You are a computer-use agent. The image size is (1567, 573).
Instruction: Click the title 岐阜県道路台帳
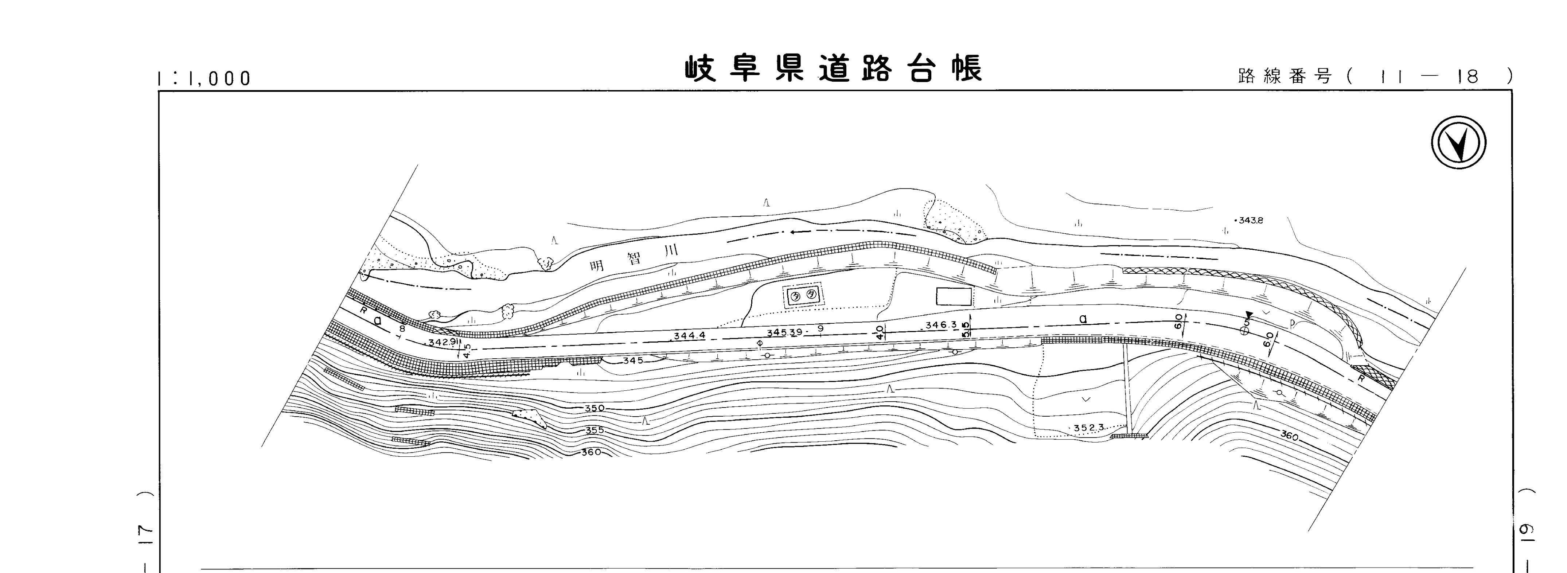click(833, 69)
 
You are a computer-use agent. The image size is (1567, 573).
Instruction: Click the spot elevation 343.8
click(1250, 220)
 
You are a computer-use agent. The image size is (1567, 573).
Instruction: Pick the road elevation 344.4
click(689, 335)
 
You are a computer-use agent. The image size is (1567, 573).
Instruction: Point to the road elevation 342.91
click(442, 343)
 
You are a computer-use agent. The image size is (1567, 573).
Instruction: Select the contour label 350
click(594, 408)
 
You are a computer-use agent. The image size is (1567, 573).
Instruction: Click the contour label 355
click(594, 430)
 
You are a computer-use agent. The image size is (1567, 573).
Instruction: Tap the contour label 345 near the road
click(633, 360)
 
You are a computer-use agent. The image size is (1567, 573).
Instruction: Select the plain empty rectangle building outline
click(953, 296)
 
